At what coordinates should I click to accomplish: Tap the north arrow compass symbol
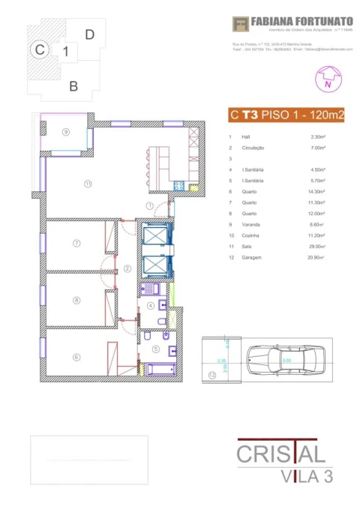tap(327, 78)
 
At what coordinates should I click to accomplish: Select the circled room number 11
tap(88, 183)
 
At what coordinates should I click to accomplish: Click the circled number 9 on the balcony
tap(66, 132)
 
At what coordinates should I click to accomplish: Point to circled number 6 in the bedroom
tap(76, 357)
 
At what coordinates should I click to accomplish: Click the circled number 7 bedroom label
tap(76, 244)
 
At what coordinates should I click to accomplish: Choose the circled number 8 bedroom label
tap(76, 301)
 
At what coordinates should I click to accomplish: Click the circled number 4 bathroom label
tap(150, 306)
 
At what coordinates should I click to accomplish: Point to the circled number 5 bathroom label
tap(156, 349)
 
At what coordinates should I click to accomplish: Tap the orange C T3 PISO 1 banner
tap(286, 115)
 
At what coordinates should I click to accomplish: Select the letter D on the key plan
tap(89, 34)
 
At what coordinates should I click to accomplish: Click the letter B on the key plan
tap(73, 86)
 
